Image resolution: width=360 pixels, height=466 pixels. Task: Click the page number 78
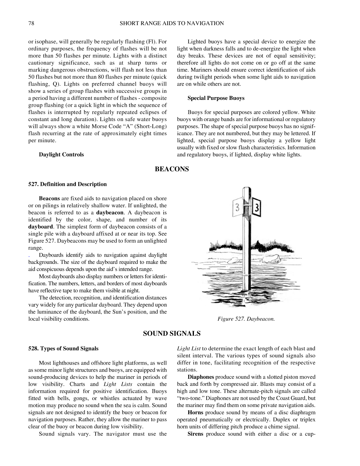click(x=31, y=23)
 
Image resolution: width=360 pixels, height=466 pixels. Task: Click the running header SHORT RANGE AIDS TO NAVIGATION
click(x=172, y=23)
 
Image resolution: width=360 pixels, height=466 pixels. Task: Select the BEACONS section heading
click(x=172, y=169)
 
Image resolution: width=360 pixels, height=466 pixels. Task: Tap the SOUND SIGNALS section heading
click(x=172, y=333)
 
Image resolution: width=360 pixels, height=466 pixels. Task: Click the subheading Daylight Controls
click(x=61, y=155)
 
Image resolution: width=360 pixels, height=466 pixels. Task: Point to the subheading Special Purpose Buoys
click(x=216, y=98)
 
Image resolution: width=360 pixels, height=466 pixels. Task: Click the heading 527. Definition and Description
click(x=67, y=184)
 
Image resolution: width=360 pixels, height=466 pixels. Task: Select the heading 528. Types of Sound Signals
click(x=63, y=349)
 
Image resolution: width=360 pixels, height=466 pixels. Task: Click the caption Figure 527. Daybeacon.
click(x=246, y=319)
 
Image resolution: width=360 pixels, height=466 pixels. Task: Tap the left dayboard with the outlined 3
click(x=238, y=207)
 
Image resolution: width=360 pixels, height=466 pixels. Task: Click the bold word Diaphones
click(x=201, y=377)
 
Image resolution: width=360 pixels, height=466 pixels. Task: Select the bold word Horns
click(x=195, y=412)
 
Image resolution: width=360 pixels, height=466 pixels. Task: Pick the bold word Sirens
click(x=195, y=434)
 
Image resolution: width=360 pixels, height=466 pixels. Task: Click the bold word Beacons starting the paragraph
click(x=49, y=199)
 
